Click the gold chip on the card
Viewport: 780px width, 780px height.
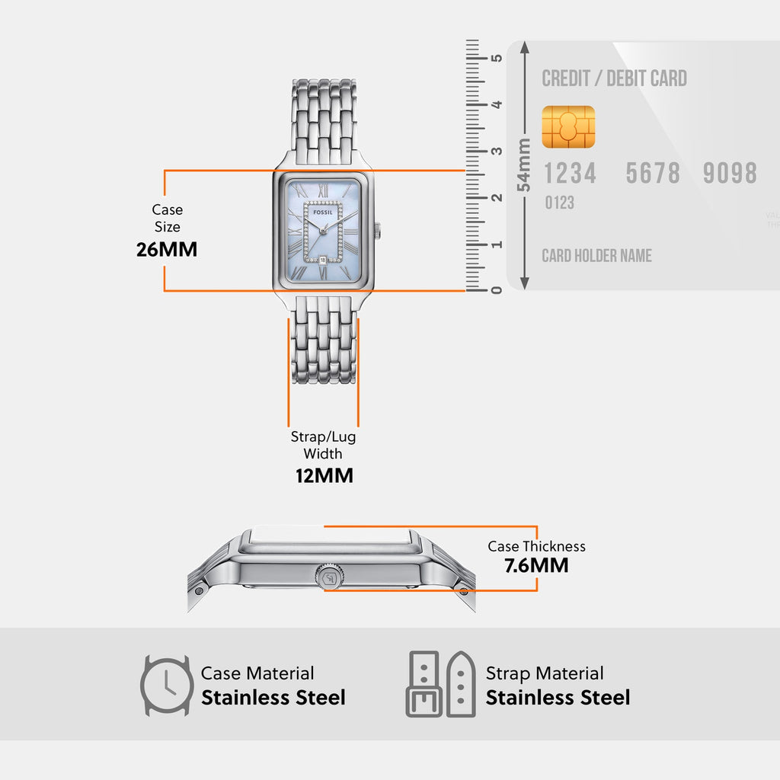pyautogui.click(x=568, y=127)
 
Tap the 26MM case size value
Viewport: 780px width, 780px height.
pyautogui.click(x=167, y=249)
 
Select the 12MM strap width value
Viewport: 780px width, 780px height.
pyautogui.click(x=324, y=476)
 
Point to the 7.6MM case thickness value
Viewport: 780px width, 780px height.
pyautogui.click(x=536, y=566)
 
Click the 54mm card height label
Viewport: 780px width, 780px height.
pyautogui.click(x=523, y=165)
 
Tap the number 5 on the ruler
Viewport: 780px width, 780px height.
pyautogui.click(x=497, y=58)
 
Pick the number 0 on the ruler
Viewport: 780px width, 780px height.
pyautogui.click(x=497, y=290)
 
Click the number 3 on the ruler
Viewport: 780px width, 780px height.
pyautogui.click(x=497, y=151)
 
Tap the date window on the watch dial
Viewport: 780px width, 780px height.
pyautogui.click(x=323, y=260)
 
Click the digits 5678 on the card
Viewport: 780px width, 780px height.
pyautogui.click(x=653, y=174)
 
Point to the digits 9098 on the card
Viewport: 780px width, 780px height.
pyautogui.click(x=730, y=174)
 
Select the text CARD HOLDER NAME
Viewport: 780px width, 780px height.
pyautogui.click(x=596, y=256)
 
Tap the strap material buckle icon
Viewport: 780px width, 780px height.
pyautogui.click(x=424, y=683)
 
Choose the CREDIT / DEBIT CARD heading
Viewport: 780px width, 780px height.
pyautogui.click(x=614, y=78)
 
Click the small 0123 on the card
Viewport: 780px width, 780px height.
pyautogui.click(x=559, y=203)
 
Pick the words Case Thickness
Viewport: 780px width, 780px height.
pyautogui.click(x=536, y=546)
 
